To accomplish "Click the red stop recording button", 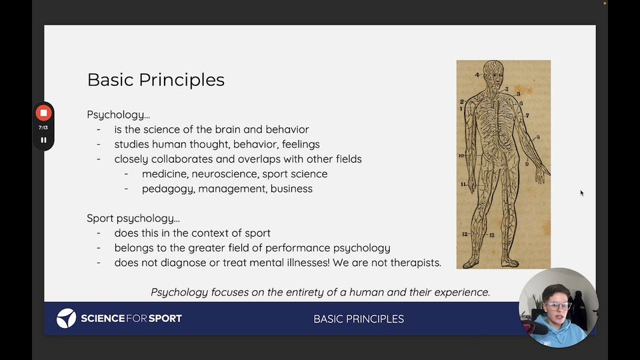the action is click(44, 113).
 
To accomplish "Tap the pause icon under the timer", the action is click(44, 140).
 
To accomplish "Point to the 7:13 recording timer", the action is click(43, 128).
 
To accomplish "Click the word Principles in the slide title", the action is click(181, 80).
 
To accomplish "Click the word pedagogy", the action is click(167, 189).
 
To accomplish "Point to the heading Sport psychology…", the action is click(133, 219).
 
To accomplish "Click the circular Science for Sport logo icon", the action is click(66, 319).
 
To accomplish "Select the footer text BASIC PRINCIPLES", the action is click(359, 319).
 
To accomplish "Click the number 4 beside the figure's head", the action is click(477, 75).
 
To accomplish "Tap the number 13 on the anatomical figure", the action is click(492, 235).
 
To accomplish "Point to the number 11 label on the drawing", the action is click(463, 184).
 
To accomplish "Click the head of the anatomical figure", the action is click(493, 75).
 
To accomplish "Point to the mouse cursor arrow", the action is click(581, 193).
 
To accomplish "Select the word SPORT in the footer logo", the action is click(165, 319).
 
